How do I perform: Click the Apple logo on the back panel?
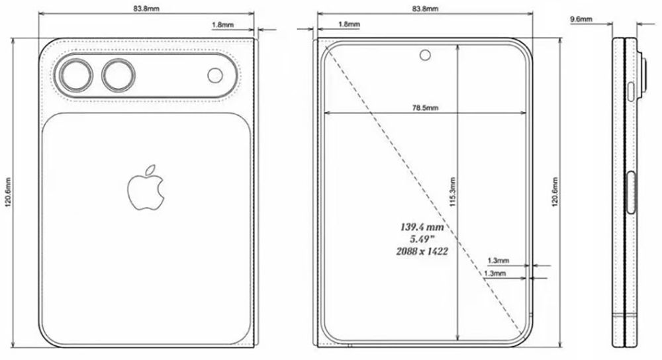(x=145, y=189)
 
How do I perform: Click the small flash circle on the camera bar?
(x=215, y=75)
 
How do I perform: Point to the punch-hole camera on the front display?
(x=424, y=54)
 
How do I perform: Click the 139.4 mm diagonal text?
(x=422, y=227)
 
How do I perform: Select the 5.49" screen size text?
(x=422, y=239)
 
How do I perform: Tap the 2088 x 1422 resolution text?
(x=422, y=251)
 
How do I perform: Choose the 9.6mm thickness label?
(x=581, y=21)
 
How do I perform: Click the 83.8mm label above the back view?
(x=146, y=9)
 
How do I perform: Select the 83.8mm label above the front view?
(x=424, y=9)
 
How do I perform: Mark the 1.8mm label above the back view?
(x=222, y=24)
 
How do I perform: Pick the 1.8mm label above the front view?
(x=349, y=24)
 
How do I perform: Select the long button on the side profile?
(x=632, y=193)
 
